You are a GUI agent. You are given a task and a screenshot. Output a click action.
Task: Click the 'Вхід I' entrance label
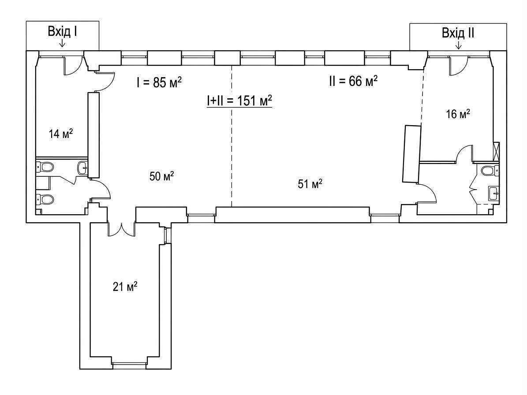pyautogui.click(x=63, y=32)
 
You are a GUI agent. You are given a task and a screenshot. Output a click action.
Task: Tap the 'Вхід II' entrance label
pyautogui.click(x=458, y=33)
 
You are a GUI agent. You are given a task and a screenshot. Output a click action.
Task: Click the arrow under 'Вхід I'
pyautogui.click(x=62, y=43)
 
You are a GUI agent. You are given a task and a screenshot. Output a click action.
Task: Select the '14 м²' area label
pyautogui.click(x=61, y=134)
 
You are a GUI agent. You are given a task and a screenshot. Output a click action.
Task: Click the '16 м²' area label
pyautogui.click(x=458, y=114)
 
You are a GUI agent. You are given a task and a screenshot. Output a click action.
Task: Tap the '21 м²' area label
pyautogui.click(x=125, y=287)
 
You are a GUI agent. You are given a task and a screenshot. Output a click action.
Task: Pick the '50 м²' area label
pyautogui.click(x=162, y=176)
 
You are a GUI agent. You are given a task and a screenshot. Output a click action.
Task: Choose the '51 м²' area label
pyautogui.click(x=310, y=184)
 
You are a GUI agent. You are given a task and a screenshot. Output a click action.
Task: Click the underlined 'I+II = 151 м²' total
pyautogui.click(x=239, y=101)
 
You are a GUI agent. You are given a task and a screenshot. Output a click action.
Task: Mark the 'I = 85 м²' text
pyautogui.click(x=159, y=82)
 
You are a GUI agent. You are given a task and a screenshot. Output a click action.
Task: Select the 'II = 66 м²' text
pyautogui.click(x=353, y=81)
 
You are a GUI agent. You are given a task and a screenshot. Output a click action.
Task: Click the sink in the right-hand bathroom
pyautogui.click(x=493, y=193)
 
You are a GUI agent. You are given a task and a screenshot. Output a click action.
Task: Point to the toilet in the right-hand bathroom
pyautogui.click(x=490, y=171)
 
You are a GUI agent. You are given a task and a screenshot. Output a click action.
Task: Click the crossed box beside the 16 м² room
pyautogui.click(x=496, y=152)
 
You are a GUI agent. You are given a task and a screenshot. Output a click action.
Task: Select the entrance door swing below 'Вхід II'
pyautogui.click(x=458, y=65)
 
